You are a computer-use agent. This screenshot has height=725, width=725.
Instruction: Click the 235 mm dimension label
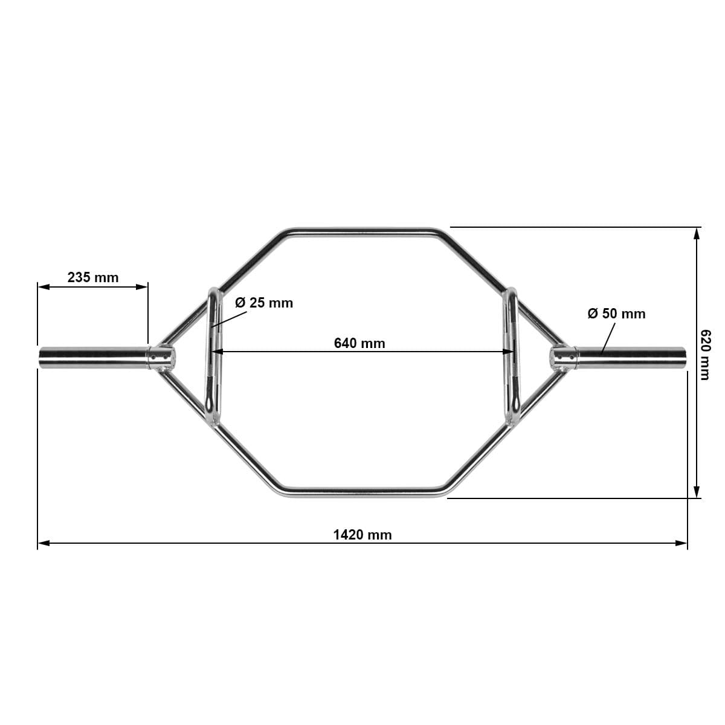coord(93,277)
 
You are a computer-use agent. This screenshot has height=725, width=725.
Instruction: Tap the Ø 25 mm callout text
coord(264,303)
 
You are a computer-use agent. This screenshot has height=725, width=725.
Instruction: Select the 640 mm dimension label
coord(359,343)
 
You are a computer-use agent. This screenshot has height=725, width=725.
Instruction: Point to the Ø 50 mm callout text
coord(616,314)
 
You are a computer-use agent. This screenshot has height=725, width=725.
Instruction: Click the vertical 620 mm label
coord(704,355)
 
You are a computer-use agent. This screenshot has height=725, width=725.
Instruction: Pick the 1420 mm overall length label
coord(362,535)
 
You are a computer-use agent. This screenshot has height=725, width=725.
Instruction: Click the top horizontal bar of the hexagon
coord(362,231)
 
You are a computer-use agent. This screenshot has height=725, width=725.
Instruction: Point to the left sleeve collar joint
coord(162,357)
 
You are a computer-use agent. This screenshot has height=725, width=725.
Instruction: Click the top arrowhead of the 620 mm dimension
coord(697,233)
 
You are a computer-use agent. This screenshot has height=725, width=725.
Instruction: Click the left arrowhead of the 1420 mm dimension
coord(43,543)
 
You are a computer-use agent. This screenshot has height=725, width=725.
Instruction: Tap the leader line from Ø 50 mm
coord(609,337)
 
